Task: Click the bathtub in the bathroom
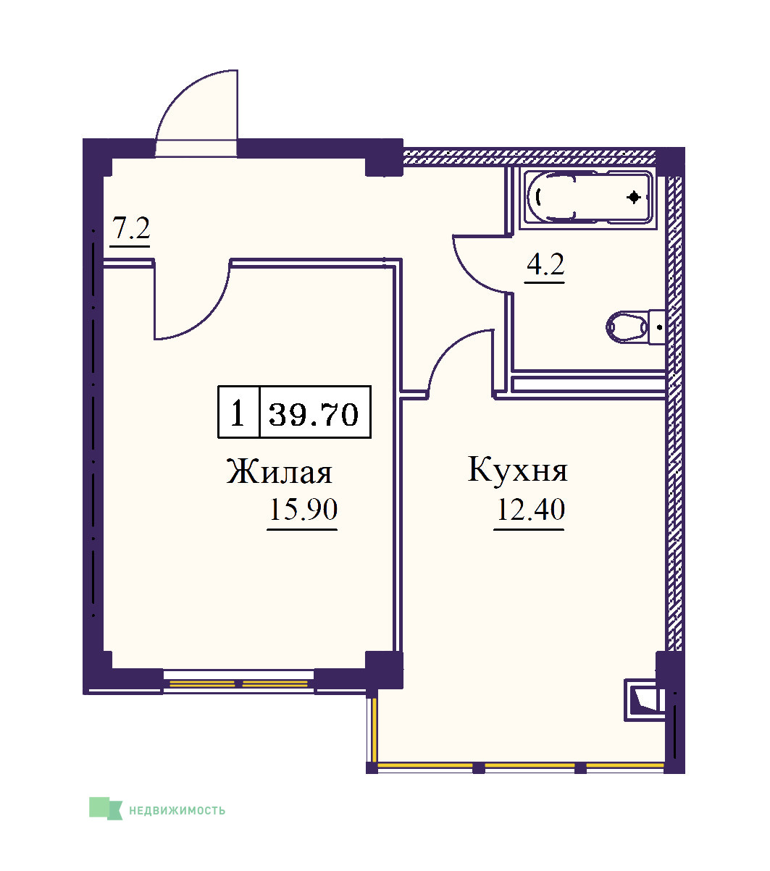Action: click(588, 198)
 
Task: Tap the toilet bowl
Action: click(627, 327)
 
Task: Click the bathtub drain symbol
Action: click(634, 198)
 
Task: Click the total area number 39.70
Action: click(314, 414)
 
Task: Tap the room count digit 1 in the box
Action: click(238, 413)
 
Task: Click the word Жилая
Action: click(279, 471)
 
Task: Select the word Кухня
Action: click(517, 469)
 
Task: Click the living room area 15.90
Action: click(304, 510)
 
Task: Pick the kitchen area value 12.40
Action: click(530, 510)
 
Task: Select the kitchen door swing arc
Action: click(448, 348)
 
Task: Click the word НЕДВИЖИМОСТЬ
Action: click(177, 810)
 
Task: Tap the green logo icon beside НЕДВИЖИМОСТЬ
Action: click(106, 809)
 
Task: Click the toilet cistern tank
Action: click(657, 327)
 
